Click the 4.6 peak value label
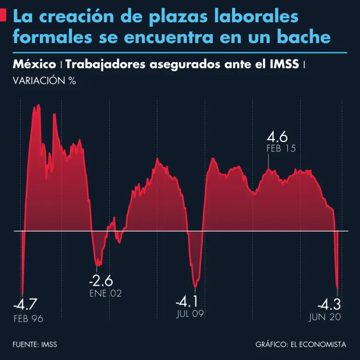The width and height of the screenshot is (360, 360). click(x=277, y=137)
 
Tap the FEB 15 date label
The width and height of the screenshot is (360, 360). click(x=280, y=149)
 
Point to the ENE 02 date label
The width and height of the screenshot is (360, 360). click(x=105, y=293)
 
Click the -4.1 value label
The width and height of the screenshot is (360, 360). click(x=187, y=300)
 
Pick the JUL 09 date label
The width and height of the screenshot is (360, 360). click(x=190, y=314)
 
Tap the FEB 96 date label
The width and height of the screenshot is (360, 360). click(x=28, y=319)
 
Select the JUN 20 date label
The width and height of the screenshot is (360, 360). click(x=325, y=317)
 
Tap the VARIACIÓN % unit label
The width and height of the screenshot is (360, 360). click(x=45, y=80)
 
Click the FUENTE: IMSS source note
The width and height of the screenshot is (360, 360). click(x=35, y=345)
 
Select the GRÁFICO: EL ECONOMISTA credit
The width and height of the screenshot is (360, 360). click(x=301, y=345)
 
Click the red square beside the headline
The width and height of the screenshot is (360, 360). click(x=4, y=17)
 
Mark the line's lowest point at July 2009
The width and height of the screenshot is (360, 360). click(x=195, y=287)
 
